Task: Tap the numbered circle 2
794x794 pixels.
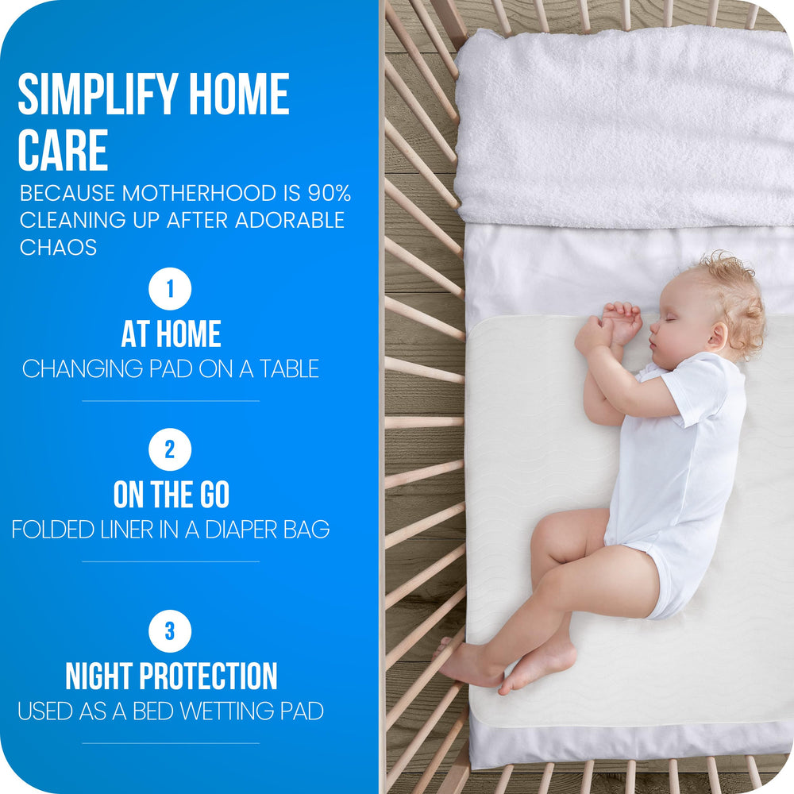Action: (170, 450)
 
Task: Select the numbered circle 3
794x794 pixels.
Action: (170, 631)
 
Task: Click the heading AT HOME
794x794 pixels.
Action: (171, 334)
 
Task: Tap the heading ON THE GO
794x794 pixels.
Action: (171, 495)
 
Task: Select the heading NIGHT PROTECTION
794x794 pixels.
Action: (171, 676)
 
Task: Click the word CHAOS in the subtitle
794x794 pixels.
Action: (58, 247)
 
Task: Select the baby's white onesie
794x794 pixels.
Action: (683, 468)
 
